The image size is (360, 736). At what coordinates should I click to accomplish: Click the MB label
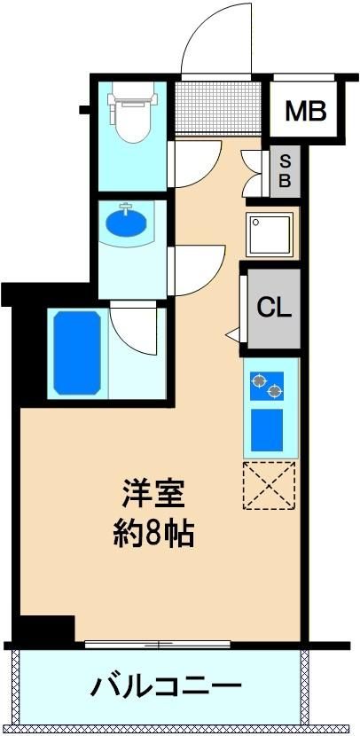(x=306, y=111)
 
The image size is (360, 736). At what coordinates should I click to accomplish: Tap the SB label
(x=285, y=171)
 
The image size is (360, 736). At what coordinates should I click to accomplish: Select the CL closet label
(x=274, y=308)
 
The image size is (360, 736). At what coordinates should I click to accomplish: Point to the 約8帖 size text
(x=153, y=533)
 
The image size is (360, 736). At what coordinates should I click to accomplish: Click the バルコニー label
(x=166, y=686)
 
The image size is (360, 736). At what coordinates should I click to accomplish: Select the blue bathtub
(x=77, y=353)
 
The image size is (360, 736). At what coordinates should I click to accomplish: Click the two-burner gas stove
(x=267, y=386)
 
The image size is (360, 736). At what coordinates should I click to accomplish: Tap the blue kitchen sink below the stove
(x=267, y=430)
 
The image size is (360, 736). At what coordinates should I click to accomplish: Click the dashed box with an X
(x=269, y=485)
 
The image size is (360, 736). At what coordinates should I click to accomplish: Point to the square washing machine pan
(x=270, y=235)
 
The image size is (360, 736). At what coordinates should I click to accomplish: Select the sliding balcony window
(x=158, y=645)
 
